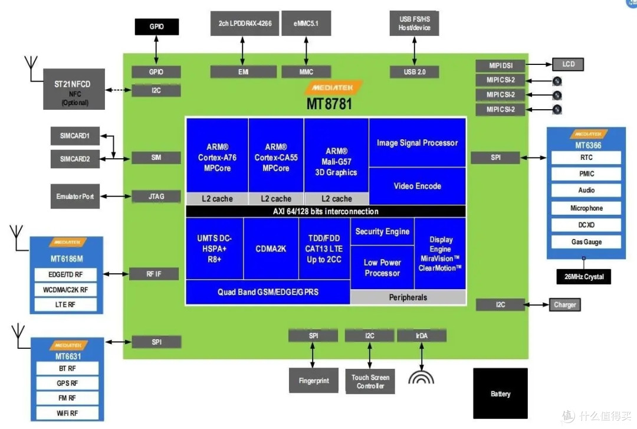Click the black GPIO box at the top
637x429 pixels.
point(156,27)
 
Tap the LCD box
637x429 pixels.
point(568,64)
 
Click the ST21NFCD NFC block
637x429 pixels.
point(74,89)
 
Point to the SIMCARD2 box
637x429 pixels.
point(75,159)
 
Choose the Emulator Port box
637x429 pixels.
point(75,197)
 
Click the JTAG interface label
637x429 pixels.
point(156,197)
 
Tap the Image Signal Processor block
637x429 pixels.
point(417,143)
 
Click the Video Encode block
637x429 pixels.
point(417,186)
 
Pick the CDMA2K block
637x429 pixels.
point(271,248)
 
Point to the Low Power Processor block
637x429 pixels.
point(382,267)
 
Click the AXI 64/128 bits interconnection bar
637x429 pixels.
point(326,211)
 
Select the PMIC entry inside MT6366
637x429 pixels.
point(586,174)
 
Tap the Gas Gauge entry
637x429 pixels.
point(586,242)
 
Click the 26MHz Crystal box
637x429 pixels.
point(584,277)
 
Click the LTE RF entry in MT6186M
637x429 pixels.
point(66,305)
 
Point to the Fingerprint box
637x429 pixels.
point(313,381)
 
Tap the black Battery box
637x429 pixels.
point(500,394)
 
